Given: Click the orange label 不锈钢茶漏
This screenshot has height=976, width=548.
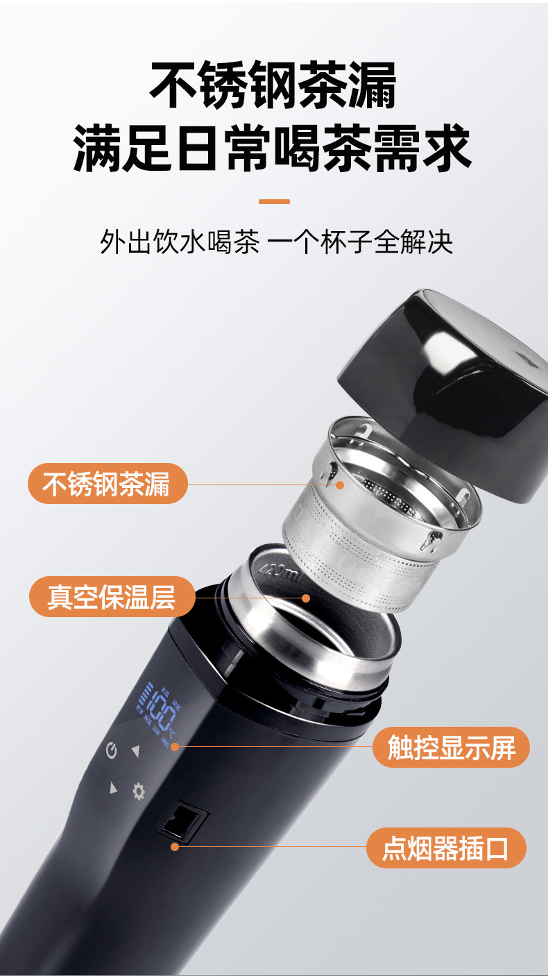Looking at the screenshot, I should (107, 484).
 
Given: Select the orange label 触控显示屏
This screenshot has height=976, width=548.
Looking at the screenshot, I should (451, 748).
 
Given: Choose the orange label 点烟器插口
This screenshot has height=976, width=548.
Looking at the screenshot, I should (445, 848).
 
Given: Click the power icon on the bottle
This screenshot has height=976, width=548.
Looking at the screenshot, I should (112, 750).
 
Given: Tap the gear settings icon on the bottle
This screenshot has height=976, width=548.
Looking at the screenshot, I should (139, 791).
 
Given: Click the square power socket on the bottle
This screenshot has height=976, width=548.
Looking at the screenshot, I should (182, 819).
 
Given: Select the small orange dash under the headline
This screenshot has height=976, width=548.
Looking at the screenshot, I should (273, 202).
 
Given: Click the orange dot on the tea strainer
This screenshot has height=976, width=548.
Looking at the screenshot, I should (340, 485).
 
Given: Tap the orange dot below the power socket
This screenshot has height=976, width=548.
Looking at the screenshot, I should (175, 846).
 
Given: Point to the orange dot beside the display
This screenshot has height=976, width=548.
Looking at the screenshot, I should (175, 747).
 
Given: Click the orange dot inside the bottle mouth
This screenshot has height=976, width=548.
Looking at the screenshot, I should (306, 598).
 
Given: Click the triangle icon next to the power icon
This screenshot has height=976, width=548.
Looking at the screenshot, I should (136, 750).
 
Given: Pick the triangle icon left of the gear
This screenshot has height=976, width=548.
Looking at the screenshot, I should (113, 787).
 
